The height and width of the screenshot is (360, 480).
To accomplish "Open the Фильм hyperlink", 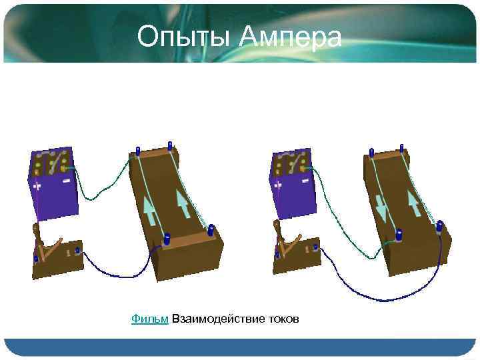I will (x=149, y=319).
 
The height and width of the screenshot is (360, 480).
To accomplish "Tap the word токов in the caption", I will (x=283, y=319).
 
